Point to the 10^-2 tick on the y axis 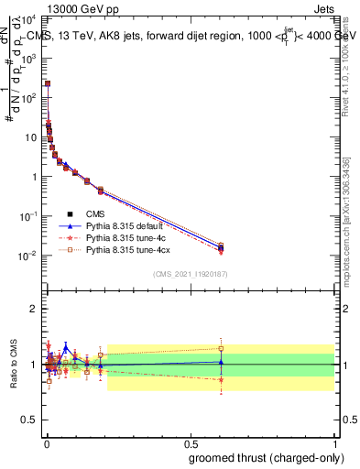(32, 256)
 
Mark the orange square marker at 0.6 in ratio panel (221, 348)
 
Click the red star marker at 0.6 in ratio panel (221, 379)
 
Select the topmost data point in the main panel (48, 83)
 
